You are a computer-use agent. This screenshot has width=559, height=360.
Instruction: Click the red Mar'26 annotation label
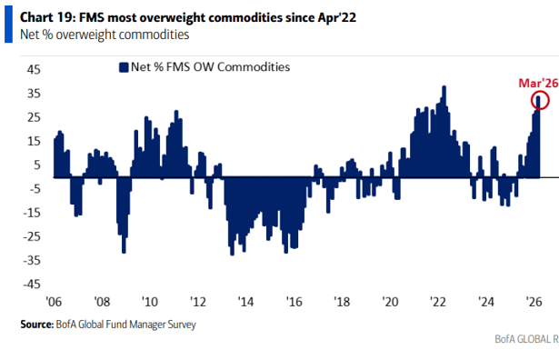pos(536,83)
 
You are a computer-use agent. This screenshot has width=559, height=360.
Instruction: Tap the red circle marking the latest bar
pos(539,101)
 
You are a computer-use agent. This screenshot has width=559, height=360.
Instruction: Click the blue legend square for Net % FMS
pos(121,66)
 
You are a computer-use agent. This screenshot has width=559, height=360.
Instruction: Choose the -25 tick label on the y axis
pos(29,235)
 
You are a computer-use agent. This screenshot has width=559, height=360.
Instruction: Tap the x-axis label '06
pos(54,302)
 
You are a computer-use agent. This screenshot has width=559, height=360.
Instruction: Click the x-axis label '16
pos(293,302)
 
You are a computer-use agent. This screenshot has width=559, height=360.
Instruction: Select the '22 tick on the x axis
pos(436,302)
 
